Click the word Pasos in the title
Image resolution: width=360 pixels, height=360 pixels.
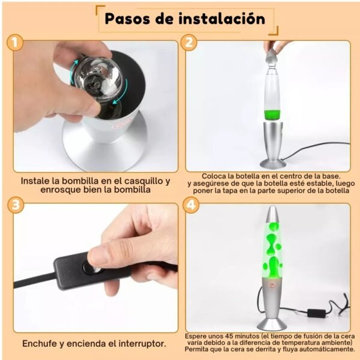[128, 19]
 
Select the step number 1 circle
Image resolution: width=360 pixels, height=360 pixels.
[15, 43]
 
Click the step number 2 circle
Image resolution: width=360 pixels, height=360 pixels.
[189, 43]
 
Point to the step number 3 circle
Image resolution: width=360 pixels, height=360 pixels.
[16, 205]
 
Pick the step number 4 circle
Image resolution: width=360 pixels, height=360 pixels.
[191, 205]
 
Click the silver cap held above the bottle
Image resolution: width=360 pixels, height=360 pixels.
[272, 57]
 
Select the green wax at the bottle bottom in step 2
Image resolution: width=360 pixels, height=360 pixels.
[272, 115]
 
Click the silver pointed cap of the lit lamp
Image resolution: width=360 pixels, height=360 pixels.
[272, 214]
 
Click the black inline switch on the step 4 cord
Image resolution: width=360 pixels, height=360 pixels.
[316, 313]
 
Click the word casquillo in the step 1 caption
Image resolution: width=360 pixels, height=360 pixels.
[143, 181]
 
